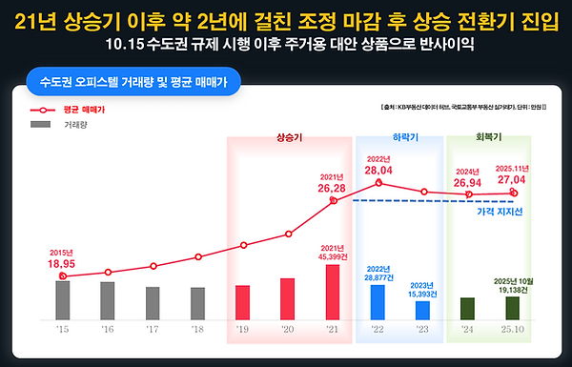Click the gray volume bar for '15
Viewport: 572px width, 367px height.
click(63, 299)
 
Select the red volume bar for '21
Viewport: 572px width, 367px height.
click(333, 292)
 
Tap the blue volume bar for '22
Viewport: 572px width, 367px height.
click(378, 301)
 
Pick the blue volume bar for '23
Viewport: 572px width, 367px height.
click(422, 310)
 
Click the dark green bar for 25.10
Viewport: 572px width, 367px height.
click(512, 308)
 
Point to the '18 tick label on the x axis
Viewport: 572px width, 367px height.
click(197, 329)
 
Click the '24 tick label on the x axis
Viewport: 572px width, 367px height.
click(467, 329)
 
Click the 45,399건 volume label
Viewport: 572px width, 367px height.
click(333, 255)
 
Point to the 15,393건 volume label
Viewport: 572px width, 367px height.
click(422, 294)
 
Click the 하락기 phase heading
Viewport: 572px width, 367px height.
click(399, 137)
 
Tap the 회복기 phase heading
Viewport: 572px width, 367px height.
click(489, 137)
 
